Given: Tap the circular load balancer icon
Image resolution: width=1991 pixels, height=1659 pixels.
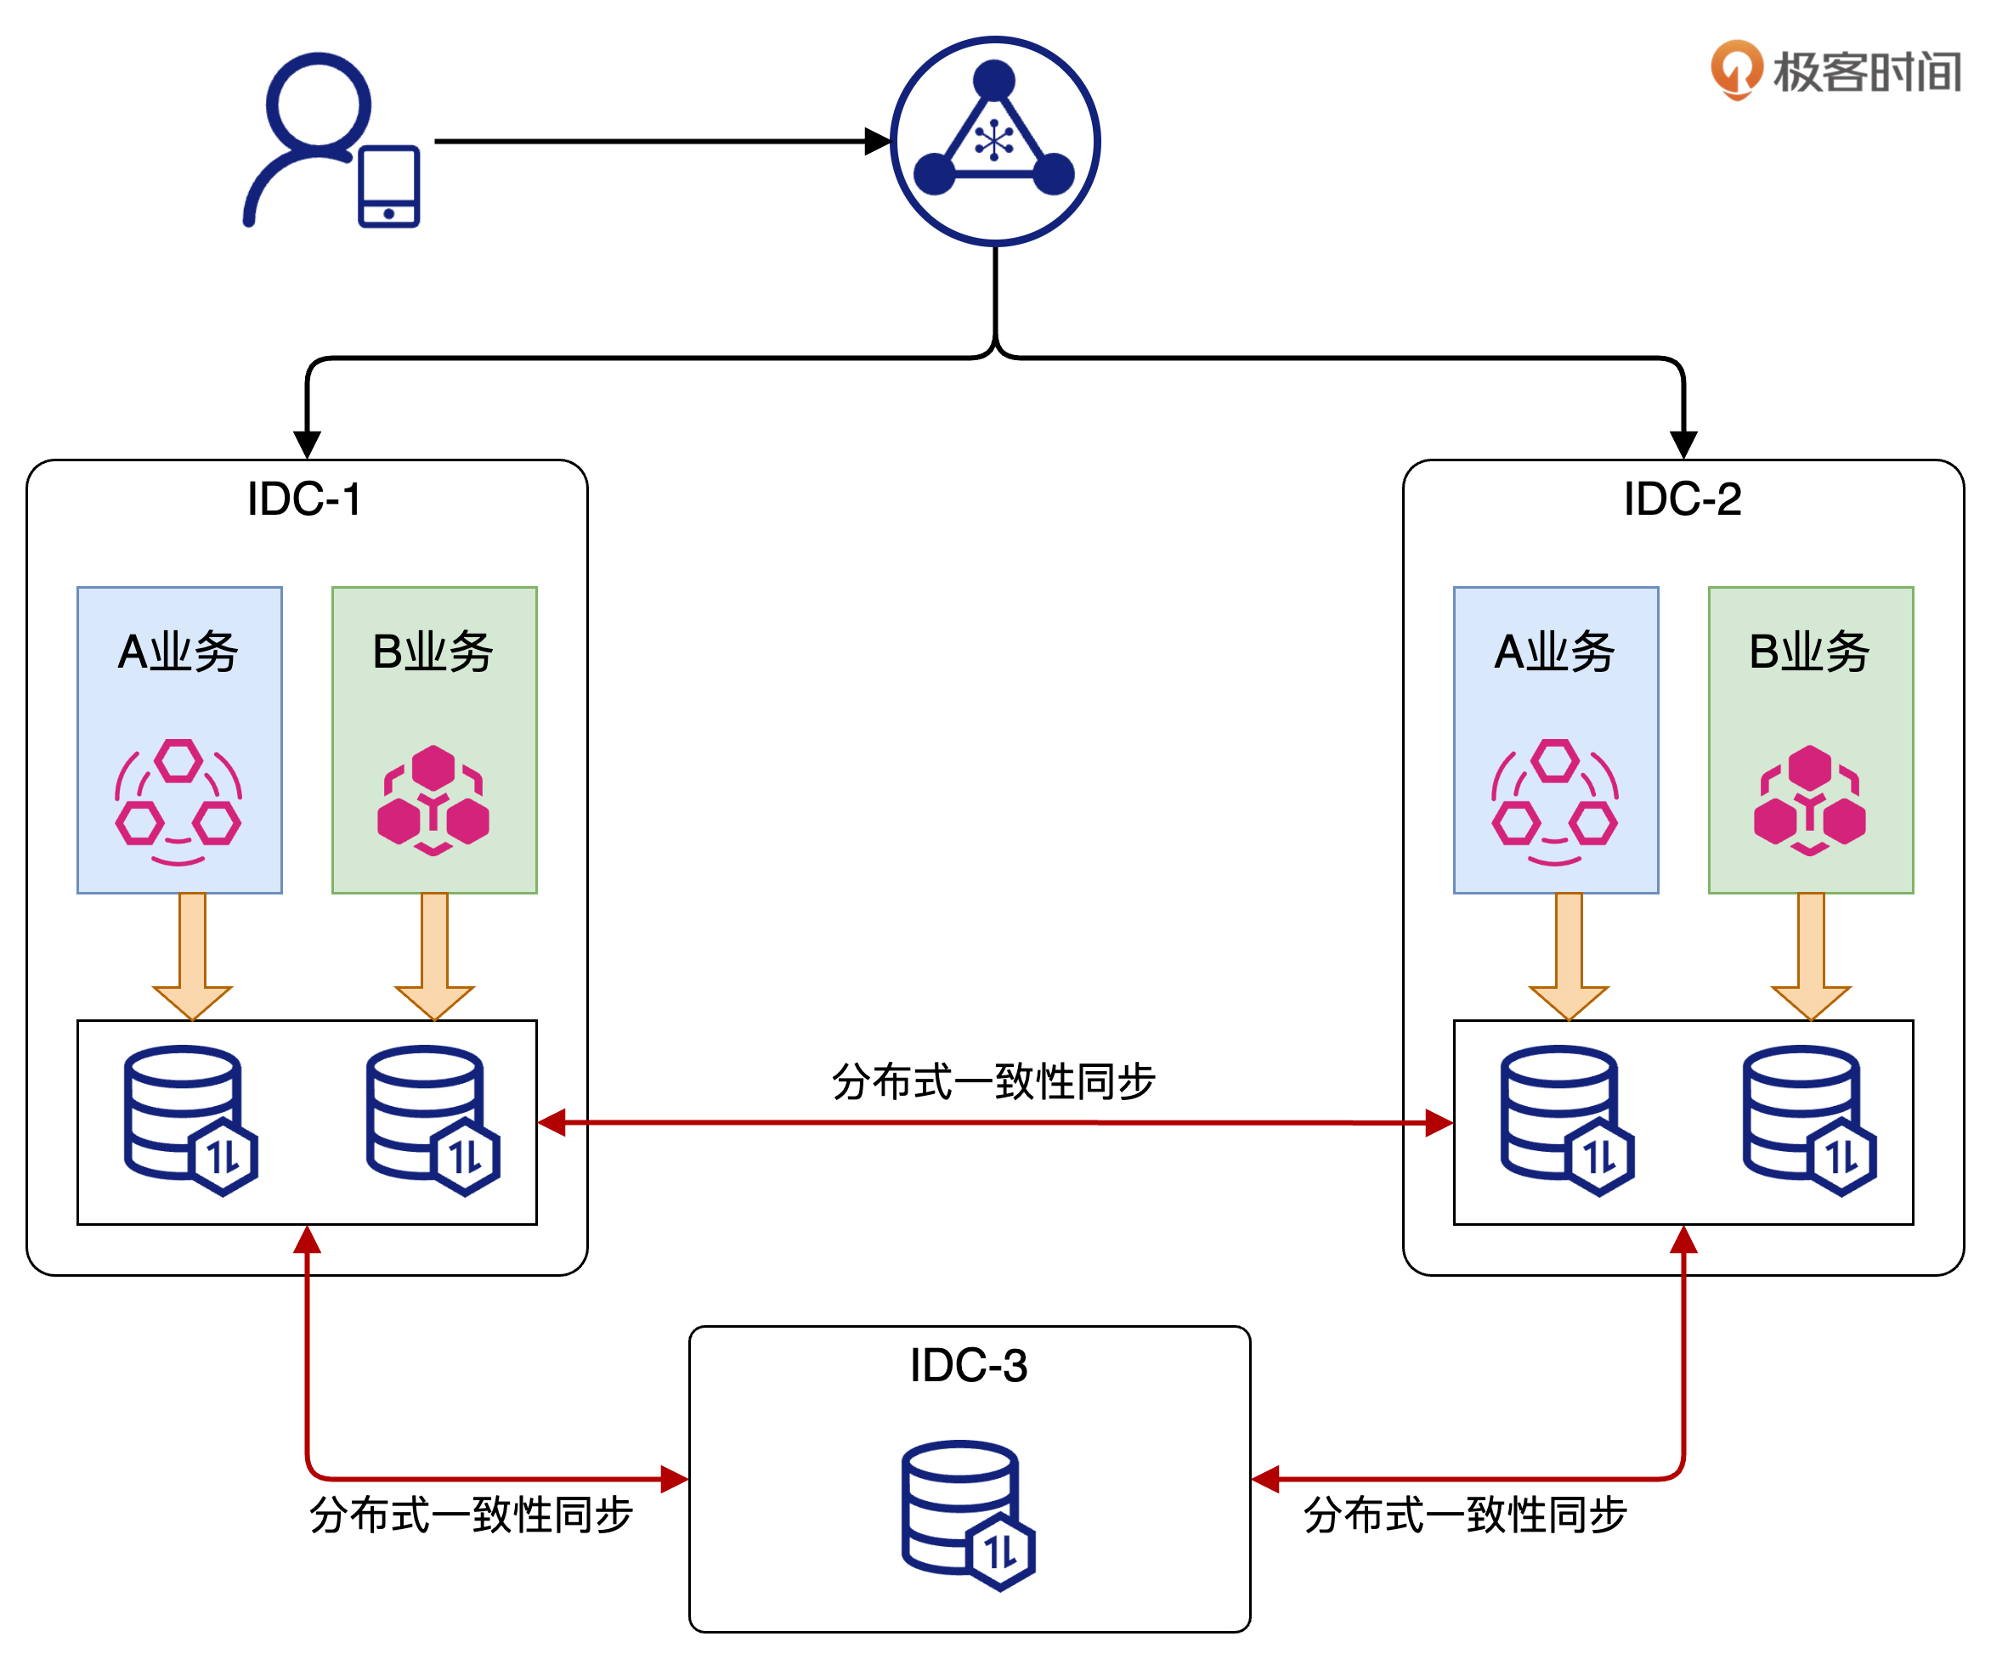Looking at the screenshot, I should tap(994, 141).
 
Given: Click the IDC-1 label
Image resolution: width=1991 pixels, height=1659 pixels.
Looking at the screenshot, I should tap(304, 499).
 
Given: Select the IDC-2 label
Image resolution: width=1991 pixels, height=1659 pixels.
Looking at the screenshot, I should tap(1682, 499).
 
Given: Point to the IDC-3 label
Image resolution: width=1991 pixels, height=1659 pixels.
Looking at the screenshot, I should tap(968, 1366).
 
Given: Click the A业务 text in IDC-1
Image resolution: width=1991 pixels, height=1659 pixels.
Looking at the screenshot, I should tap(178, 652).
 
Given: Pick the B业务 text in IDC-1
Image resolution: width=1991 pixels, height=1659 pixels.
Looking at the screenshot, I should tap(433, 652).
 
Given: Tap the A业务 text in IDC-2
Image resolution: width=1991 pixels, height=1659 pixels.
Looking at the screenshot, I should tap(1555, 652).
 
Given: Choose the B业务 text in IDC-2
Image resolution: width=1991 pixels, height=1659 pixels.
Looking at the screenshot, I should tap(1809, 652).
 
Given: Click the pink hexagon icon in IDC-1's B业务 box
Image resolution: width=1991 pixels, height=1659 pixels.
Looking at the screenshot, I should tap(433, 801).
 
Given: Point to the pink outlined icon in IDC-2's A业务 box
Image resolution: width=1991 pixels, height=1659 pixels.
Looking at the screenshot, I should tap(1555, 801).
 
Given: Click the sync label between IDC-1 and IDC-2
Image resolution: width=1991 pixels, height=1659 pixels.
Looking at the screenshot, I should tap(993, 1081).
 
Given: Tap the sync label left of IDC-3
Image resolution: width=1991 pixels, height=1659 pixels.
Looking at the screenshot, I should tap(472, 1515).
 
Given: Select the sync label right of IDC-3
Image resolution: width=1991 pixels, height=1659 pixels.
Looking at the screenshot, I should tap(1465, 1515).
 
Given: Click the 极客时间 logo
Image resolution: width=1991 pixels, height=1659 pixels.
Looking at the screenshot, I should tap(1835, 71).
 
